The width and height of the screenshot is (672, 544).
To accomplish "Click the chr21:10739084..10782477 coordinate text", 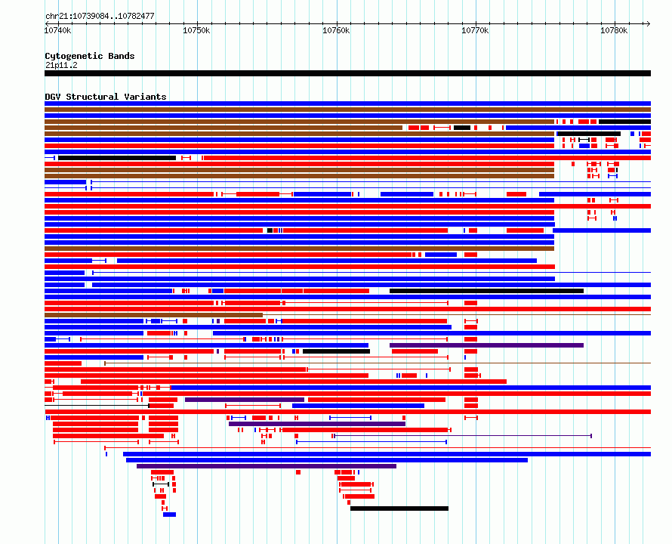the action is (100, 16).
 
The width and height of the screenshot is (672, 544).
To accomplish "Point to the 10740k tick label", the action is (58, 30).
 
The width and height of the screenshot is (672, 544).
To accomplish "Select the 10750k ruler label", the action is (197, 30).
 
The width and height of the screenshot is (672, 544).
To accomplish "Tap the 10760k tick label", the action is (336, 30).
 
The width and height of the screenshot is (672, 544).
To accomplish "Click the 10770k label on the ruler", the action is (475, 30).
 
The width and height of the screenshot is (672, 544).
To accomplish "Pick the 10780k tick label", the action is (614, 30).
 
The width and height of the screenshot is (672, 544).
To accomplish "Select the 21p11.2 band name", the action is (61, 65).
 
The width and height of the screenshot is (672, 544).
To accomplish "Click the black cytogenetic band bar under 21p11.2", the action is (347, 73).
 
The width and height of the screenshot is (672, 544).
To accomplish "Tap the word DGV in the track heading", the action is (53, 97).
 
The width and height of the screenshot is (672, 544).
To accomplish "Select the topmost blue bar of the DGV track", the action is (347, 104).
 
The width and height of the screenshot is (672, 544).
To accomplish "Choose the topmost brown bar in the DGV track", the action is (347, 110).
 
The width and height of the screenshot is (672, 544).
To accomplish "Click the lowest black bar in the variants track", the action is (399, 508).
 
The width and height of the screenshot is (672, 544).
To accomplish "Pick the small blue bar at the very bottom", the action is (169, 515).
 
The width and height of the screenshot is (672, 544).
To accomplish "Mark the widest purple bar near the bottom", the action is (267, 466).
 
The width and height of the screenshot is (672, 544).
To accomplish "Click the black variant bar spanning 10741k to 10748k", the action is (117, 158).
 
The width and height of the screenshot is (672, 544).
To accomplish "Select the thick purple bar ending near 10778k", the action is (486, 345).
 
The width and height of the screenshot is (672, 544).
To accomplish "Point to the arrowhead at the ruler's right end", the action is (649, 23).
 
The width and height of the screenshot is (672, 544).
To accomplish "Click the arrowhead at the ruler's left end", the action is (47, 23).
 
